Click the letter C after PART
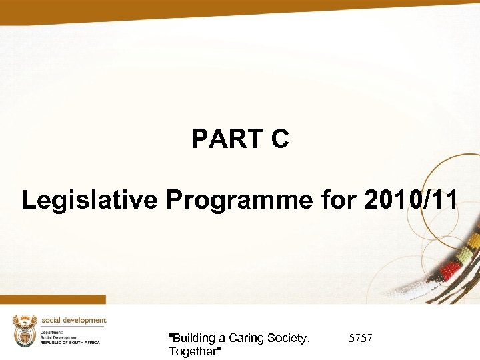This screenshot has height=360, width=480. (279, 139)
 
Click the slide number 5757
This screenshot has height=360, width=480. (361, 339)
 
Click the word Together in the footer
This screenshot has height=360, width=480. (195, 351)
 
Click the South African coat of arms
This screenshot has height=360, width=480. (25, 331)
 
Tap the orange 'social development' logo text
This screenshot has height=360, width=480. (73, 320)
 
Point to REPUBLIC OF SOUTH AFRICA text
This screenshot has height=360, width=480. (70, 342)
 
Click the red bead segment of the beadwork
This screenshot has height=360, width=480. (451, 268)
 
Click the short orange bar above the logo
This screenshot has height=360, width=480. (53, 299)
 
